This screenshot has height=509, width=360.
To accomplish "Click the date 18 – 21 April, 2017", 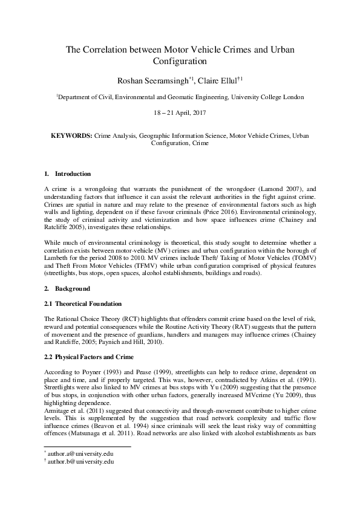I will (180, 113).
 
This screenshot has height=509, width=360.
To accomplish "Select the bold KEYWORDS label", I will (72, 136).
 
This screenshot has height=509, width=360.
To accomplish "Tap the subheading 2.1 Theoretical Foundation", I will (83, 303).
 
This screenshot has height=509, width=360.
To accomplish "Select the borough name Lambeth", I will (59, 258).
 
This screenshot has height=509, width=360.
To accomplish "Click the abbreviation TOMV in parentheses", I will (306, 258).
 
